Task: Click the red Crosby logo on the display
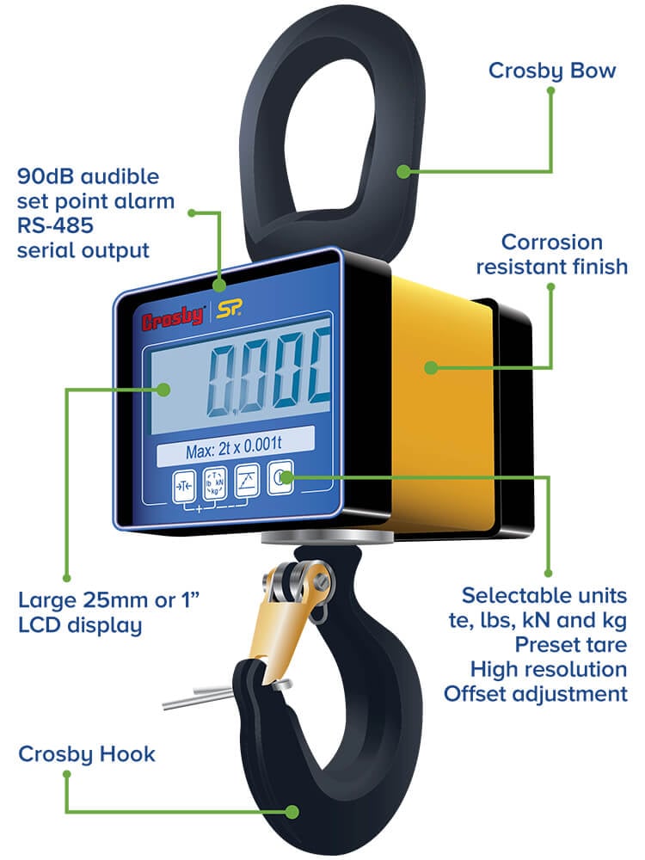click(173, 319)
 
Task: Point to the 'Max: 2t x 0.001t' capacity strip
click(234, 450)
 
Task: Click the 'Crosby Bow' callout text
click(552, 70)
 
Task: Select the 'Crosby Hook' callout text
click(87, 754)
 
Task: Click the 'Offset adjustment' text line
click(536, 693)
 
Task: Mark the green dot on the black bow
click(402, 171)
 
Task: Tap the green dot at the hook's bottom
click(293, 810)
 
